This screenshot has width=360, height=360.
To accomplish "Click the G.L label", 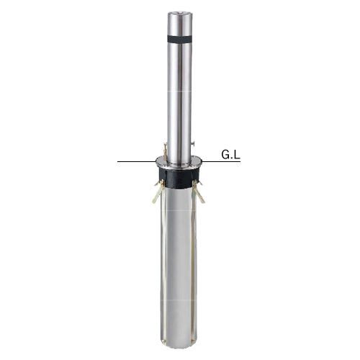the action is click(230, 155).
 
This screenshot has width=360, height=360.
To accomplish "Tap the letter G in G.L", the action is click(225, 155).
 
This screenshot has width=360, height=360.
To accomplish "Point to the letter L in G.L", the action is click(237, 155).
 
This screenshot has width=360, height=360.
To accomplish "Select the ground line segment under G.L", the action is click(221, 161).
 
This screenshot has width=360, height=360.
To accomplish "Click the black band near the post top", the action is click(179, 39).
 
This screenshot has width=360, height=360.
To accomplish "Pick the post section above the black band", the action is click(179, 24).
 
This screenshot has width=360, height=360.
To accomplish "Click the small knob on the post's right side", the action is click(193, 143).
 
